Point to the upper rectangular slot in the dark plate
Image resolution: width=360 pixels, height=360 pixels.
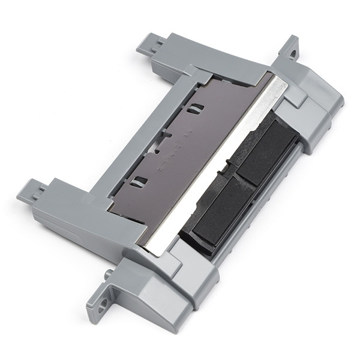point(194,109)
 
